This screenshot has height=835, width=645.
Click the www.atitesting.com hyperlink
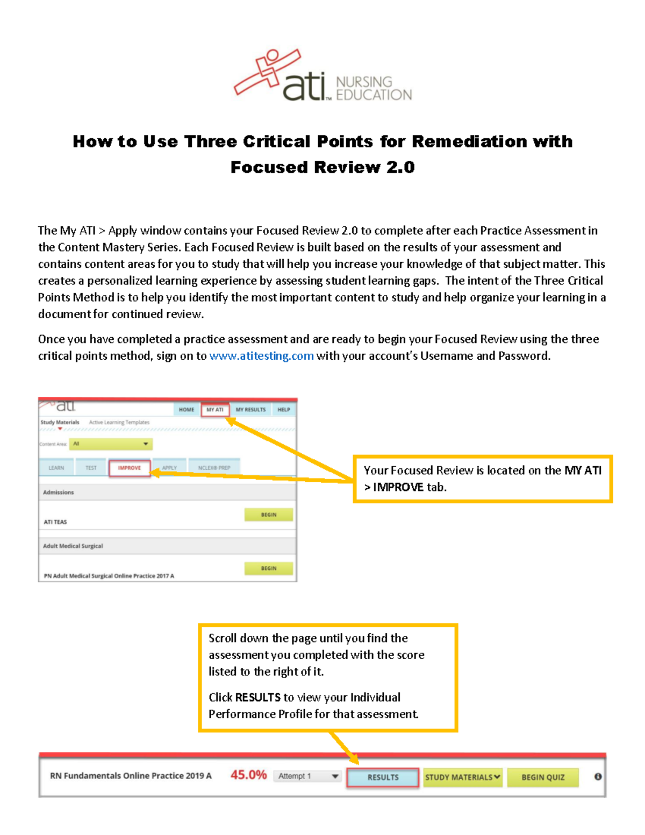tap(261, 356)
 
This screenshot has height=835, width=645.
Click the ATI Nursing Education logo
tap(322, 76)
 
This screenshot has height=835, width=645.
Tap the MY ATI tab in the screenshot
tap(215, 410)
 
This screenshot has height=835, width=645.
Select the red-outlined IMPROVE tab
tap(130, 468)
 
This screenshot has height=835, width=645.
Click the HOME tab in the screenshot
tap(187, 410)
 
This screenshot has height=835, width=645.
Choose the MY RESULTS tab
tap(250, 410)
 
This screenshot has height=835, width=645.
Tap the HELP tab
tap(284, 410)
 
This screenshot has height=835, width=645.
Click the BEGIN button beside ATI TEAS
tap(269, 515)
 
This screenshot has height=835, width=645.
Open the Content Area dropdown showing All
tap(111, 444)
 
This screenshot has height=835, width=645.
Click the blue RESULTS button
tap(383, 777)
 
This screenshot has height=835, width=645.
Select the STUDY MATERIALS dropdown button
tap(463, 777)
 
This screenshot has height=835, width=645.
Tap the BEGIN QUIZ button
tap(543, 777)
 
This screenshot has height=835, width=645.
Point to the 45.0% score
tap(248, 775)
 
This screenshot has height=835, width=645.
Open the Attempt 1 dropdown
tap(308, 776)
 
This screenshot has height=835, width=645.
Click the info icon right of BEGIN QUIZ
tap(598, 777)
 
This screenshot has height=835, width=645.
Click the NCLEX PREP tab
tap(214, 468)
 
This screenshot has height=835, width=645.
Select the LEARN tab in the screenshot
tap(56, 468)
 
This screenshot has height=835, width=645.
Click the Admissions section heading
tap(59, 493)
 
